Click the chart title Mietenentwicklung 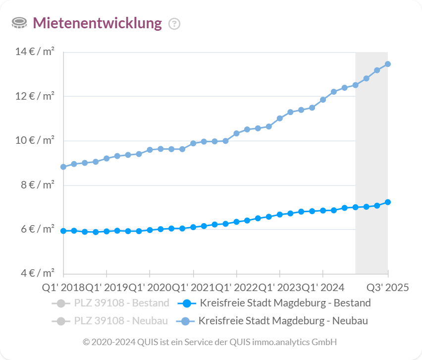[x=97, y=23]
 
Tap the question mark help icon [x=174, y=23]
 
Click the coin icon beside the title [x=19, y=23]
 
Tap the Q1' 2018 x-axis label [x=63, y=288]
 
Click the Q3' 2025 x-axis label [x=387, y=288]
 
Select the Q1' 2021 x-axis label [x=193, y=288]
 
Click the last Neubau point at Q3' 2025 [x=388, y=64]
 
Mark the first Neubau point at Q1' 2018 [x=63, y=167]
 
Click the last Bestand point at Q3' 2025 [x=388, y=202]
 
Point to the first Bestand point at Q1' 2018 [x=63, y=231]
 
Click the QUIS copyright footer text [x=210, y=342]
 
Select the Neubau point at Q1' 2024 [x=323, y=100]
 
